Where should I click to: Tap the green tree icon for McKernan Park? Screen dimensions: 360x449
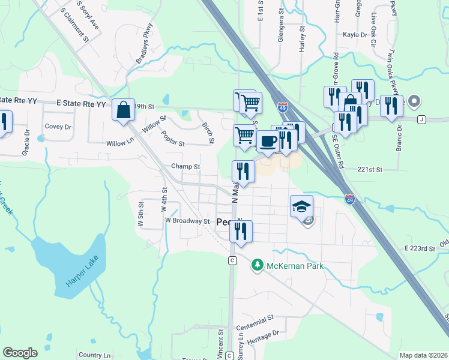[258, 265]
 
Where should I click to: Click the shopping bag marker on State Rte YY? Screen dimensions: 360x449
[123, 110]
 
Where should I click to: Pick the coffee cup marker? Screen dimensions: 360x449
[267, 141]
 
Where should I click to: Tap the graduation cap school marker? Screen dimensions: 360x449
[301, 207]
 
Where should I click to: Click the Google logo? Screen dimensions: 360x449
[20, 353]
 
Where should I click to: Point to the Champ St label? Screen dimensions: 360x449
[185, 166]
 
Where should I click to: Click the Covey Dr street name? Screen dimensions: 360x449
[58, 127]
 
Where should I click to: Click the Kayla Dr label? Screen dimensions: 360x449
[354, 35]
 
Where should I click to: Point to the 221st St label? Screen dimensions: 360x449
[371, 170]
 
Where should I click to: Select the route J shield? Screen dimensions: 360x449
[421, 119]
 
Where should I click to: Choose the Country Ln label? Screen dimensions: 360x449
[95, 355]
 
